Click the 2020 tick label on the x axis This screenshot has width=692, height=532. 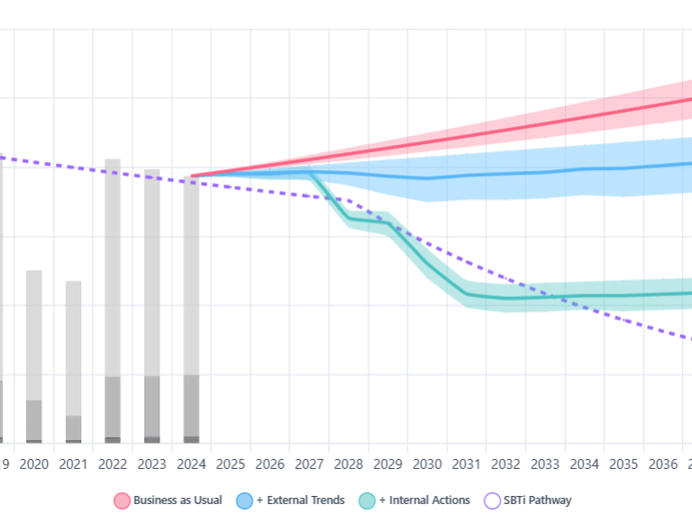tap(33, 464)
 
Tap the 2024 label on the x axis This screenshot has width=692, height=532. tap(191, 464)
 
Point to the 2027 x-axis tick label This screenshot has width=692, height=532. tap(309, 464)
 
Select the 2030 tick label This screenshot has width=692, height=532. tap(427, 464)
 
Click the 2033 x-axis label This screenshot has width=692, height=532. tap(545, 464)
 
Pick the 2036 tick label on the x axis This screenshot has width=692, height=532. tap(663, 464)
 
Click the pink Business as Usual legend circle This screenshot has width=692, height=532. tap(122, 500)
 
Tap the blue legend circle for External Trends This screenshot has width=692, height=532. tap(244, 500)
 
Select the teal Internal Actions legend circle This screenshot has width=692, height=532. tap(367, 500)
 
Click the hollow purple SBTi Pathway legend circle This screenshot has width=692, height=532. tap(492, 500)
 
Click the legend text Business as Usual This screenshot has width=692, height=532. tap(178, 500)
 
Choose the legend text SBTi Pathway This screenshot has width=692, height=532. tap(538, 500)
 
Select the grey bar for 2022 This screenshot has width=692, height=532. tap(113, 270)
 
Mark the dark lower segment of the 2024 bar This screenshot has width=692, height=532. tap(191, 405)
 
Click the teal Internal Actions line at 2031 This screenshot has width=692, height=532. tap(467, 293)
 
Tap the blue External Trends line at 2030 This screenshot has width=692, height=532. tap(427, 178)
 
